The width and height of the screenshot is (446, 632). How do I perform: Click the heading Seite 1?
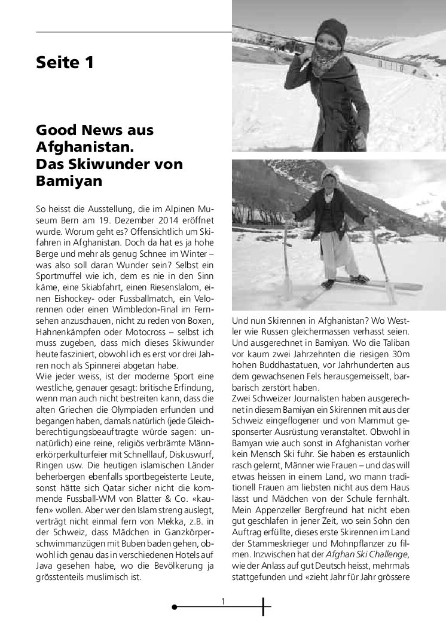pyautogui.click(x=65, y=62)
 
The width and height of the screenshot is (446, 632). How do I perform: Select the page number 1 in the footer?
pyautogui.click(x=222, y=602)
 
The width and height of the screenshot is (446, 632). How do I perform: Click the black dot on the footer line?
pyautogui.click(x=174, y=607)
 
